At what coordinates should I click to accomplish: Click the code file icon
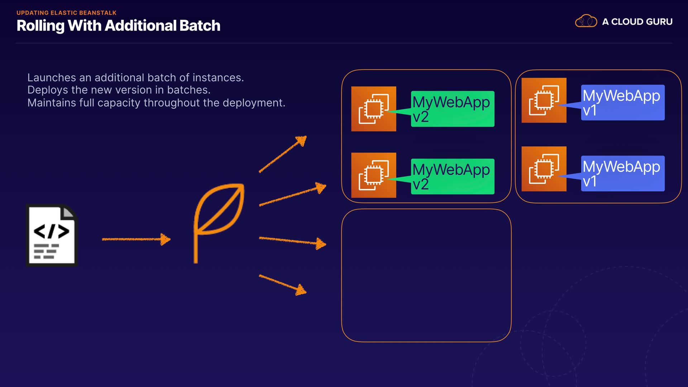click(x=52, y=235)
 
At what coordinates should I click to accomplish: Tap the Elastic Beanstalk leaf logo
click(x=219, y=222)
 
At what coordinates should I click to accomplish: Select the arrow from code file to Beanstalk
click(x=136, y=239)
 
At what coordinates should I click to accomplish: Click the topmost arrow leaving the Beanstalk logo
click(x=283, y=154)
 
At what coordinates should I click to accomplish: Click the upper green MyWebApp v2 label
click(x=452, y=109)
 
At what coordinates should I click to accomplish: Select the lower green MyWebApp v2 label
click(x=452, y=176)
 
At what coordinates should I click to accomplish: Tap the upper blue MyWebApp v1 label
click(x=622, y=102)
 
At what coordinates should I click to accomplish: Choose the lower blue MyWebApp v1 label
click(x=622, y=173)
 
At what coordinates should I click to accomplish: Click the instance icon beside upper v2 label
click(x=373, y=109)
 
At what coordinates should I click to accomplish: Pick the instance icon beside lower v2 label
click(x=373, y=175)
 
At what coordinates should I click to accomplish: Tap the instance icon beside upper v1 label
click(x=544, y=100)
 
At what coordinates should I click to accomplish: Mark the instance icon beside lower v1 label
click(x=544, y=168)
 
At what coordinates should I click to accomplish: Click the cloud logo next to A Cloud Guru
click(x=586, y=21)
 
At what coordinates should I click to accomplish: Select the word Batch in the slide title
click(x=200, y=26)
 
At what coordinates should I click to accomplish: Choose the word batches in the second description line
click(x=188, y=90)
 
